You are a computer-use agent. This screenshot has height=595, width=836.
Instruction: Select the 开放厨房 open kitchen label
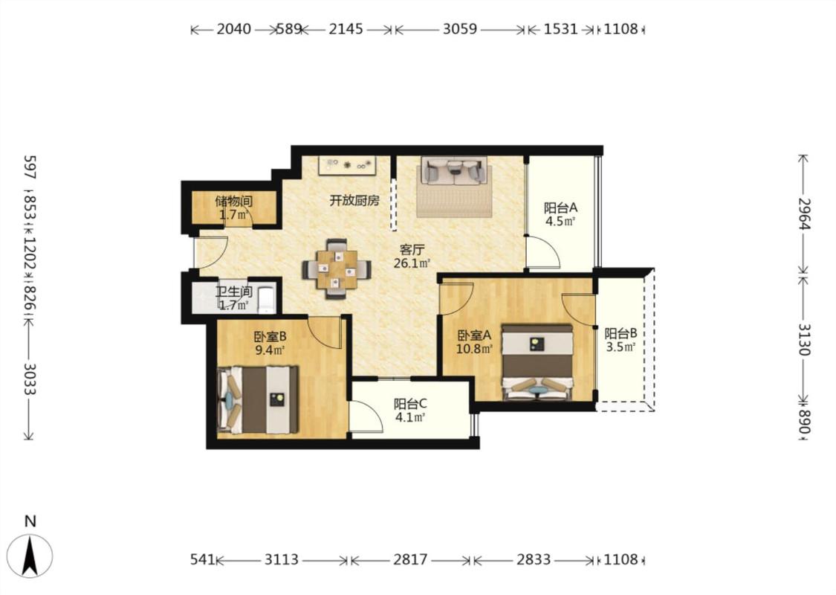click(x=354, y=201)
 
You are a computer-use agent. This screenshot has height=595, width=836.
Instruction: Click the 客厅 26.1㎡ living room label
click(x=412, y=256)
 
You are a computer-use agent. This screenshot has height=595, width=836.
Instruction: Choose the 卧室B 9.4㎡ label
click(x=270, y=343)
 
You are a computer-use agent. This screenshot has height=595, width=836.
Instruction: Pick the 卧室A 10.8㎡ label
click(x=475, y=342)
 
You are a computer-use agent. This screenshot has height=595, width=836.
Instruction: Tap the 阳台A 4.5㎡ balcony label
click(x=560, y=214)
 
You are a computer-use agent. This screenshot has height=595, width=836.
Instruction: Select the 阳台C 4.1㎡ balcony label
click(x=410, y=411)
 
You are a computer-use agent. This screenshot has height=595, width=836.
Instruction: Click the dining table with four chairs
click(x=337, y=269)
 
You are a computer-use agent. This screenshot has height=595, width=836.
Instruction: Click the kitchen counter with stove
click(x=349, y=165)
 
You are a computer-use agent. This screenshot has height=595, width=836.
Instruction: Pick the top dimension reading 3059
click(x=459, y=29)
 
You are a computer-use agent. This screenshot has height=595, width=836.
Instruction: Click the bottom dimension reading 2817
click(x=410, y=560)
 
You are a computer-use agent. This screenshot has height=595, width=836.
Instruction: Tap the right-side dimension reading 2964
click(x=803, y=213)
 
